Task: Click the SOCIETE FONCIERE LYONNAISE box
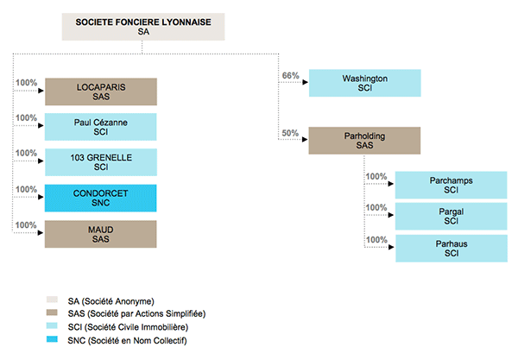click(143, 27)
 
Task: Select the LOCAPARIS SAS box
click(101, 92)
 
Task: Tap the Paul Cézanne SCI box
click(101, 127)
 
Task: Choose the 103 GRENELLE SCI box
click(101, 162)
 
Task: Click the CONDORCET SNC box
click(101, 199)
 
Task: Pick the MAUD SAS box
click(101, 234)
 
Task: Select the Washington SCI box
click(365, 83)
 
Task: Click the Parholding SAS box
click(364, 141)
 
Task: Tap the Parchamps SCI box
click(452, 186)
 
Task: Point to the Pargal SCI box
click(452, 217)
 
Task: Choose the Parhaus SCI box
click(452, 249)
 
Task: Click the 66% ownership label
click(290, 76)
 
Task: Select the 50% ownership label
click(290, 133)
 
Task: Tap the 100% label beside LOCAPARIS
click(27, 83)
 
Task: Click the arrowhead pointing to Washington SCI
click(306, 82)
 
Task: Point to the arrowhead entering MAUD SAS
click(41, 233)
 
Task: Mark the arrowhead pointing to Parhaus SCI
click(391, 247)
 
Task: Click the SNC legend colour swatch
click(52, 339)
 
